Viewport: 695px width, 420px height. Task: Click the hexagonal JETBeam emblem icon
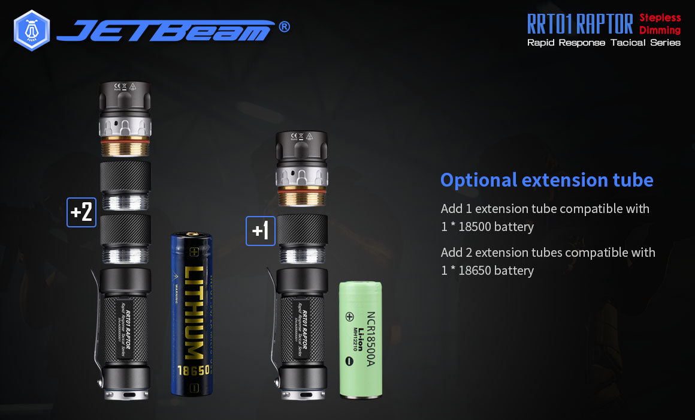pyautogui.click(x=32, y=31)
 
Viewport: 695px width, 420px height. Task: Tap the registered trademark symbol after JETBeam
pyautogui.click(x=285, y=27)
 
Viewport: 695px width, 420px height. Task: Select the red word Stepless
pyautogui.click(x=660, y=17)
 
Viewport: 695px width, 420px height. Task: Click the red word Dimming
pyautogui.click(x=660, y=30)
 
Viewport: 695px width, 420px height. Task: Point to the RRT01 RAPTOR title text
pyautogui.click(x=579, y=24)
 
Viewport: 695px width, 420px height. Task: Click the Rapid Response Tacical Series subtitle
pyautogui.click(x=603, y=43)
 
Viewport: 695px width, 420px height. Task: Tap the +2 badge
pyautogui.click(x=81, y=212)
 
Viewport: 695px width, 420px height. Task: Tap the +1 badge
pyautogui.click(x=261, y=231)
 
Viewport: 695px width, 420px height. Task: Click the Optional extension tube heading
pyautogui.click(x=546, y=179)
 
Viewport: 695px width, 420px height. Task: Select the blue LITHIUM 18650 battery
pyautogui.click(x=191, y=314)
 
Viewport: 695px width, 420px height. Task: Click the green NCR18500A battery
pyautogui.click(x=361, y=339)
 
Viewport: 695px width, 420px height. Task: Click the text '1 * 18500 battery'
pyautogui.click(x=487, y=227)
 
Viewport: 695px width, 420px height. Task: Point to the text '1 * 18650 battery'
pyautogui.click(x=487, y=271)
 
